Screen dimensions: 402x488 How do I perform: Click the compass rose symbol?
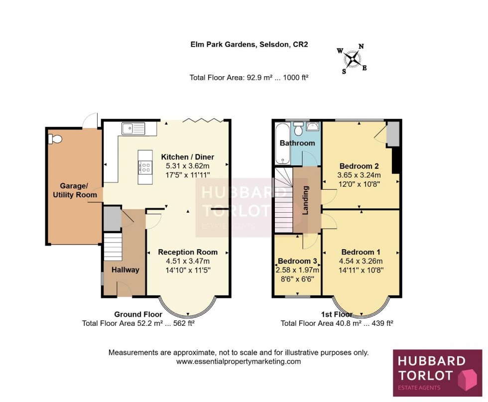[354, 59]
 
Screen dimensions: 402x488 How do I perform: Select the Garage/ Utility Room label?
[75, 191]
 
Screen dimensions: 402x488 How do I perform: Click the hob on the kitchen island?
[146, 167]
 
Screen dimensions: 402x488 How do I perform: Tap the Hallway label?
[125, 269]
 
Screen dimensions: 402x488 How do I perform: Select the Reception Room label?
[188, 252]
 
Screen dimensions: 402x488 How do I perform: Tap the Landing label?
[306, 201]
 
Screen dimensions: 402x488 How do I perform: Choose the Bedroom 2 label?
[360, 166]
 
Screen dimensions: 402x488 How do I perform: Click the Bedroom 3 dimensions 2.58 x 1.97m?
[297, 270]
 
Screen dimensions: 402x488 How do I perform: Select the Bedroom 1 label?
[361, 252]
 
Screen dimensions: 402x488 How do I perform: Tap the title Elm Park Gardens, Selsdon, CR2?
[249, 44]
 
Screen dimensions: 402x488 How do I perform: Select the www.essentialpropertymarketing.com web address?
[239, 362]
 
